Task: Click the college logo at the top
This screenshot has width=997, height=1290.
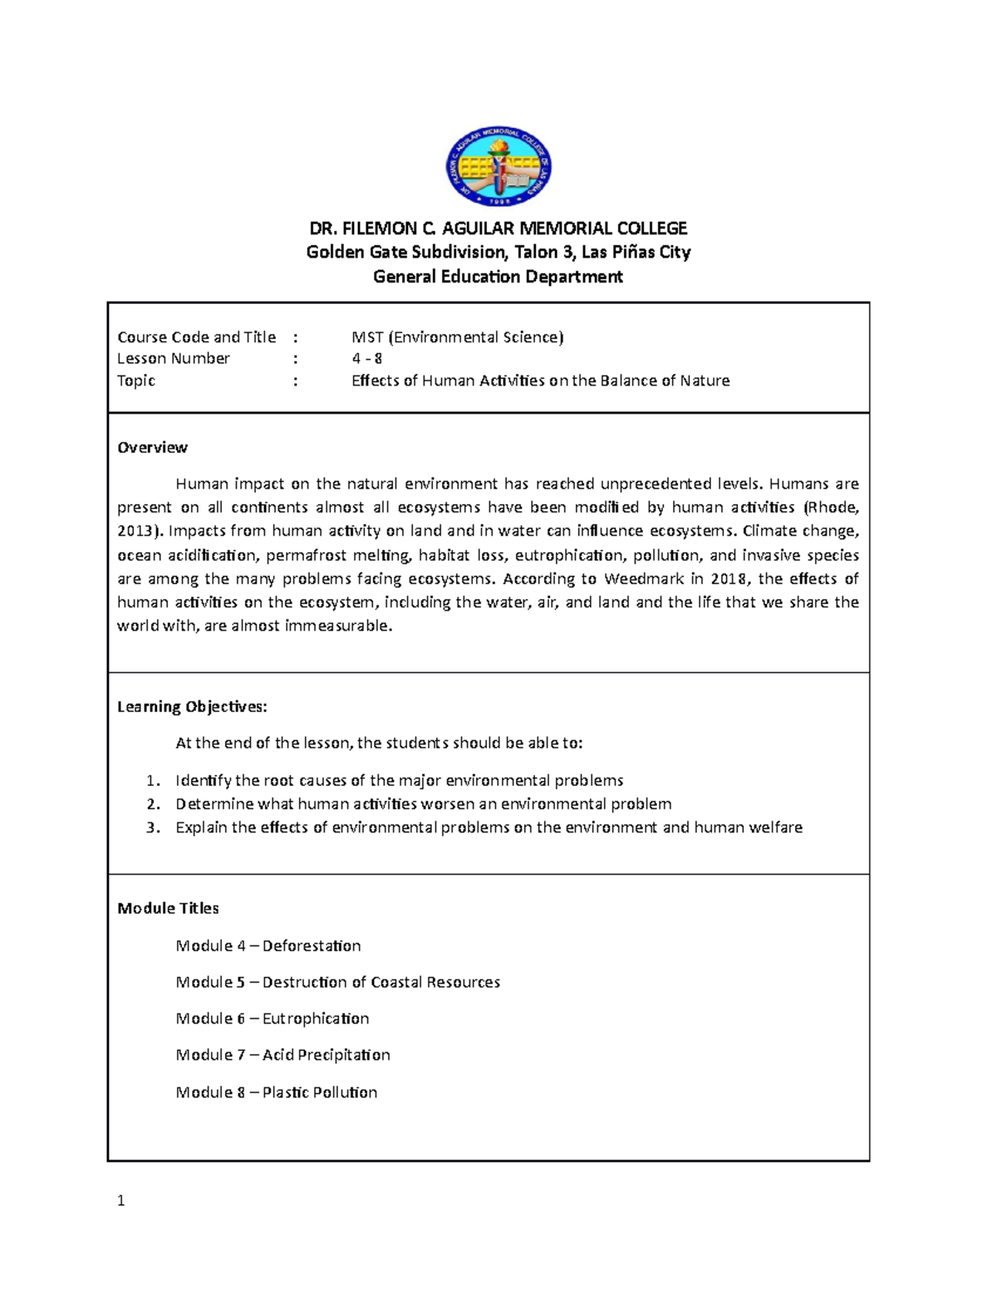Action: click(498, 167)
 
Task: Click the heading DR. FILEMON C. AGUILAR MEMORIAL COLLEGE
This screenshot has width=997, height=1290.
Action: click(498, 228)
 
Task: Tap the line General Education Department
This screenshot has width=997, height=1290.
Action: click(498, 277)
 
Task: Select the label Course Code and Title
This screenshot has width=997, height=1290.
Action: click(196, 337)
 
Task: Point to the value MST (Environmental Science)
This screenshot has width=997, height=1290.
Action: click(457, 337)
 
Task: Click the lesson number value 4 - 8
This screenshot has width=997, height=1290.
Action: click(366, 359)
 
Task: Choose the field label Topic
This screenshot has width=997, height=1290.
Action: click(136, 381)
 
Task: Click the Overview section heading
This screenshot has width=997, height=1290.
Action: click(152, 448)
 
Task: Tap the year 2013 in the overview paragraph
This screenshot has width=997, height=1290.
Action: click(134, 532)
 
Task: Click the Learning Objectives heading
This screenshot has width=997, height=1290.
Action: click(192, 707)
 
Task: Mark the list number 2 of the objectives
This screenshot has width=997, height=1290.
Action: click(152, 804)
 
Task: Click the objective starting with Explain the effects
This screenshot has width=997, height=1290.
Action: click(489, 828)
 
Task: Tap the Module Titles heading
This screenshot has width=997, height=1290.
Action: click(168, 909)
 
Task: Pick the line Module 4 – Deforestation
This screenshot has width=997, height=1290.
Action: click(268, 946)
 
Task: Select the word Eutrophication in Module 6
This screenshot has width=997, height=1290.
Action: click(316, 1018)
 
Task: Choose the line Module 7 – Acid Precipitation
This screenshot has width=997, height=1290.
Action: click(282, 1055)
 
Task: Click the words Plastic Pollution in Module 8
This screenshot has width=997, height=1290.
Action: click(320, 1092)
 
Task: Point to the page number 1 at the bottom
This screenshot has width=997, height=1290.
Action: click(121, 1200)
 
